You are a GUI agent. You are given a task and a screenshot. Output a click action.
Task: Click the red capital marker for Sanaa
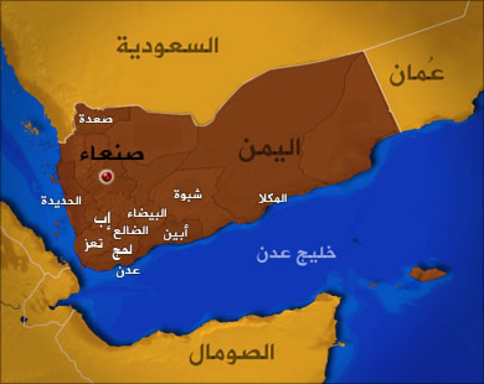click(106, 176)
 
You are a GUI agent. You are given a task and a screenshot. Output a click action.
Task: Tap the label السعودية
click(167, 45)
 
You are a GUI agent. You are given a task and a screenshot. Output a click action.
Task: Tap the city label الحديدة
click(60, 200)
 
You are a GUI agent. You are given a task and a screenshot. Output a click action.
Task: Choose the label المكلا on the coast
click(272, 198)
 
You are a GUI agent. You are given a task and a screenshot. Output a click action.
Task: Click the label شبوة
click(188, 194)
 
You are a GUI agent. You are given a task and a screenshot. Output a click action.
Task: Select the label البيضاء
click(147, 213)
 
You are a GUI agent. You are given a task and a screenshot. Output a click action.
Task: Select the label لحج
click(121, 251)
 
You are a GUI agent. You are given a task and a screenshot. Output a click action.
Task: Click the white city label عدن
click(128, 271)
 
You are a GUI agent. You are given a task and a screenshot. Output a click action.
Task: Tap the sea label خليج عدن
click(296, 253)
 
